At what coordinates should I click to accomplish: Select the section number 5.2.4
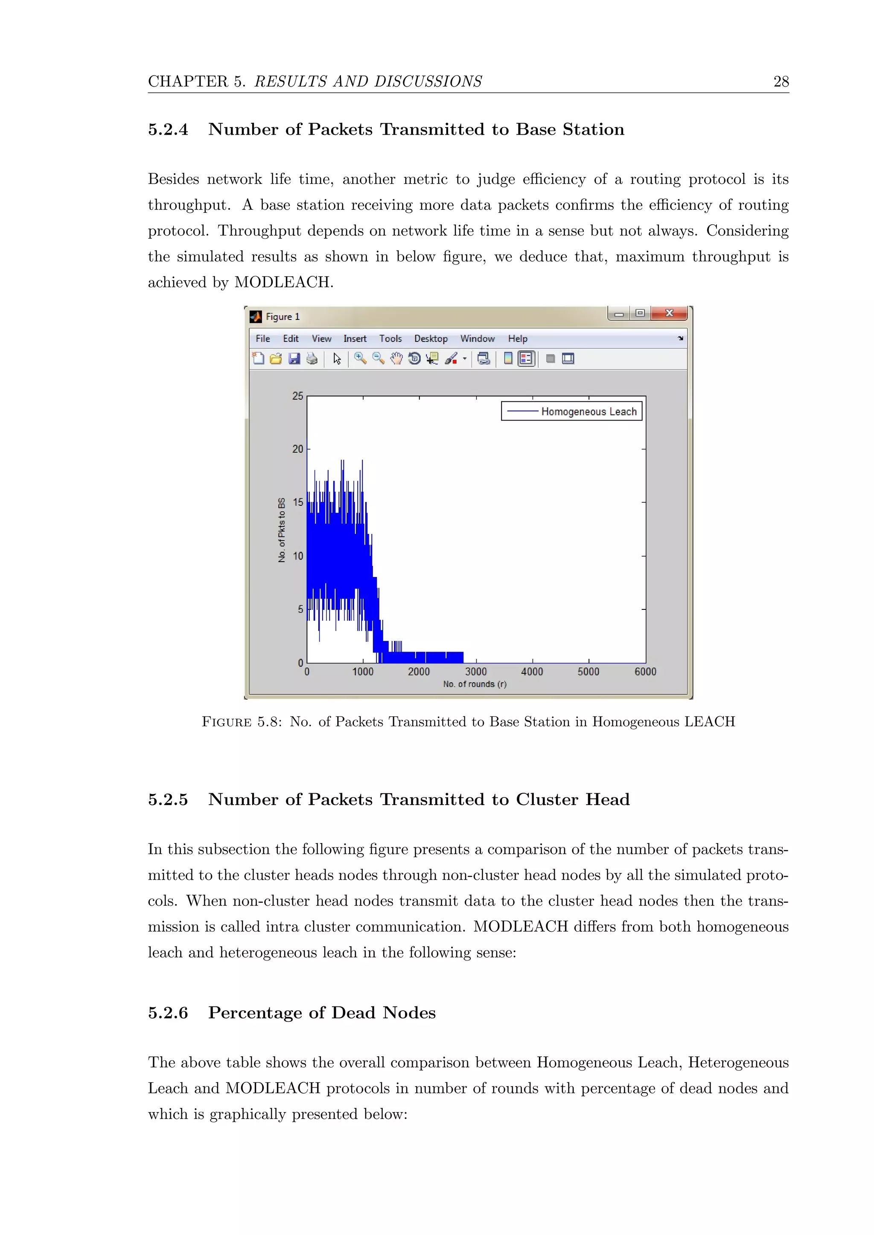pos(168,130)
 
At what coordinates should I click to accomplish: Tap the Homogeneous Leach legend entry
pos(588,412)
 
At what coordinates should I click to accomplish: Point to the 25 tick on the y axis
pos(297,396)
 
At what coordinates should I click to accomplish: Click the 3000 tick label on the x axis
pos(476,671)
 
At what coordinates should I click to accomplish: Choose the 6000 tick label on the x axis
pos(645,671)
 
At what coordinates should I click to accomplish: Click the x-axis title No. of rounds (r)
pos(475,684)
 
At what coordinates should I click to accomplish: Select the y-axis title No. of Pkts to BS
pos(282,530)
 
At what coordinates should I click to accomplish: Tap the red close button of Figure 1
pos(669,313)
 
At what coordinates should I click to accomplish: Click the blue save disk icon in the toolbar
pos(294,359)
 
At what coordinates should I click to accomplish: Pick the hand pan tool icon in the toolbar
pos(396,359)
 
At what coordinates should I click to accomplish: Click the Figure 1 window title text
pos(283,317)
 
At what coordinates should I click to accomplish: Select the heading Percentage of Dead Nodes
pos(322,1013)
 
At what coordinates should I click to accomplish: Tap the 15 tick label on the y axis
pos(297,502)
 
